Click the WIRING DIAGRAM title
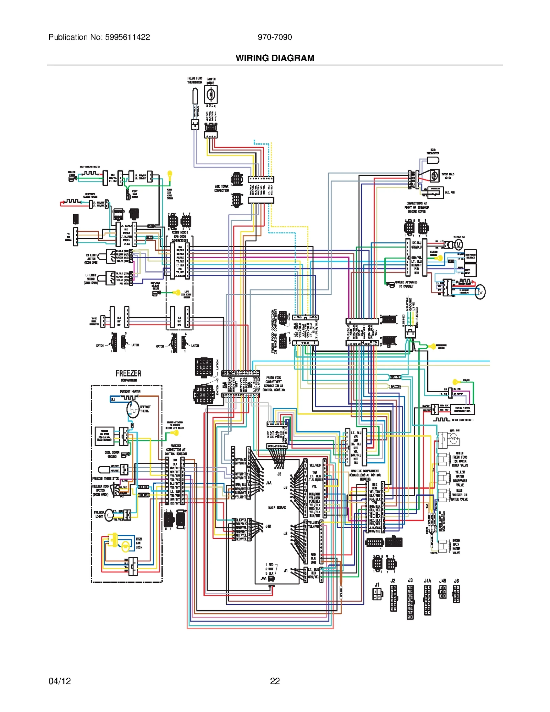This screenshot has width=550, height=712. pyautogui.click(x=275, y=58)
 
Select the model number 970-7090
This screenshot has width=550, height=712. pyautogui.click(x=275, y=37)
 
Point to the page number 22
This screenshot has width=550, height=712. pyautogui.click(x=275, y=681)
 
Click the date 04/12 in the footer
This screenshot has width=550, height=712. pyautogui.click(x=60, y=681)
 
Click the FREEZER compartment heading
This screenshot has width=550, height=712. pyautogui.click(x=128, y=373)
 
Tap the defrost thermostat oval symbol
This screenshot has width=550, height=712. pyautogui.click(x=133, y=409)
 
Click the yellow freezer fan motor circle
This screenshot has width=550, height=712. pyautogui.click(x=126, y=545)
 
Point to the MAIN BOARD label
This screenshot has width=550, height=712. pyautogui.click(x=277, y=507)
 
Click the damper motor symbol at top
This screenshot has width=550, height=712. pyautogui.click(x=211, y=94)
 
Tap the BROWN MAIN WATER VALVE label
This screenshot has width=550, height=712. pyautogui.click(x=456, y=547)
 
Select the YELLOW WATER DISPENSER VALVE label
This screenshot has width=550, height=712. pyautogui.click(x=460, y=478)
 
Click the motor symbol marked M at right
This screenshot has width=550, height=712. pyautogui.click(x=459, y=245)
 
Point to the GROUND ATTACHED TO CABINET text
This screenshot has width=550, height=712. pyautogui.click(x=406, y=284)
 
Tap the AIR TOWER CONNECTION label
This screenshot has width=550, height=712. pyautogui.click(x=222, y=188)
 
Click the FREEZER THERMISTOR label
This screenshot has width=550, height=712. pyautogui.click(x=106, y=479)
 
